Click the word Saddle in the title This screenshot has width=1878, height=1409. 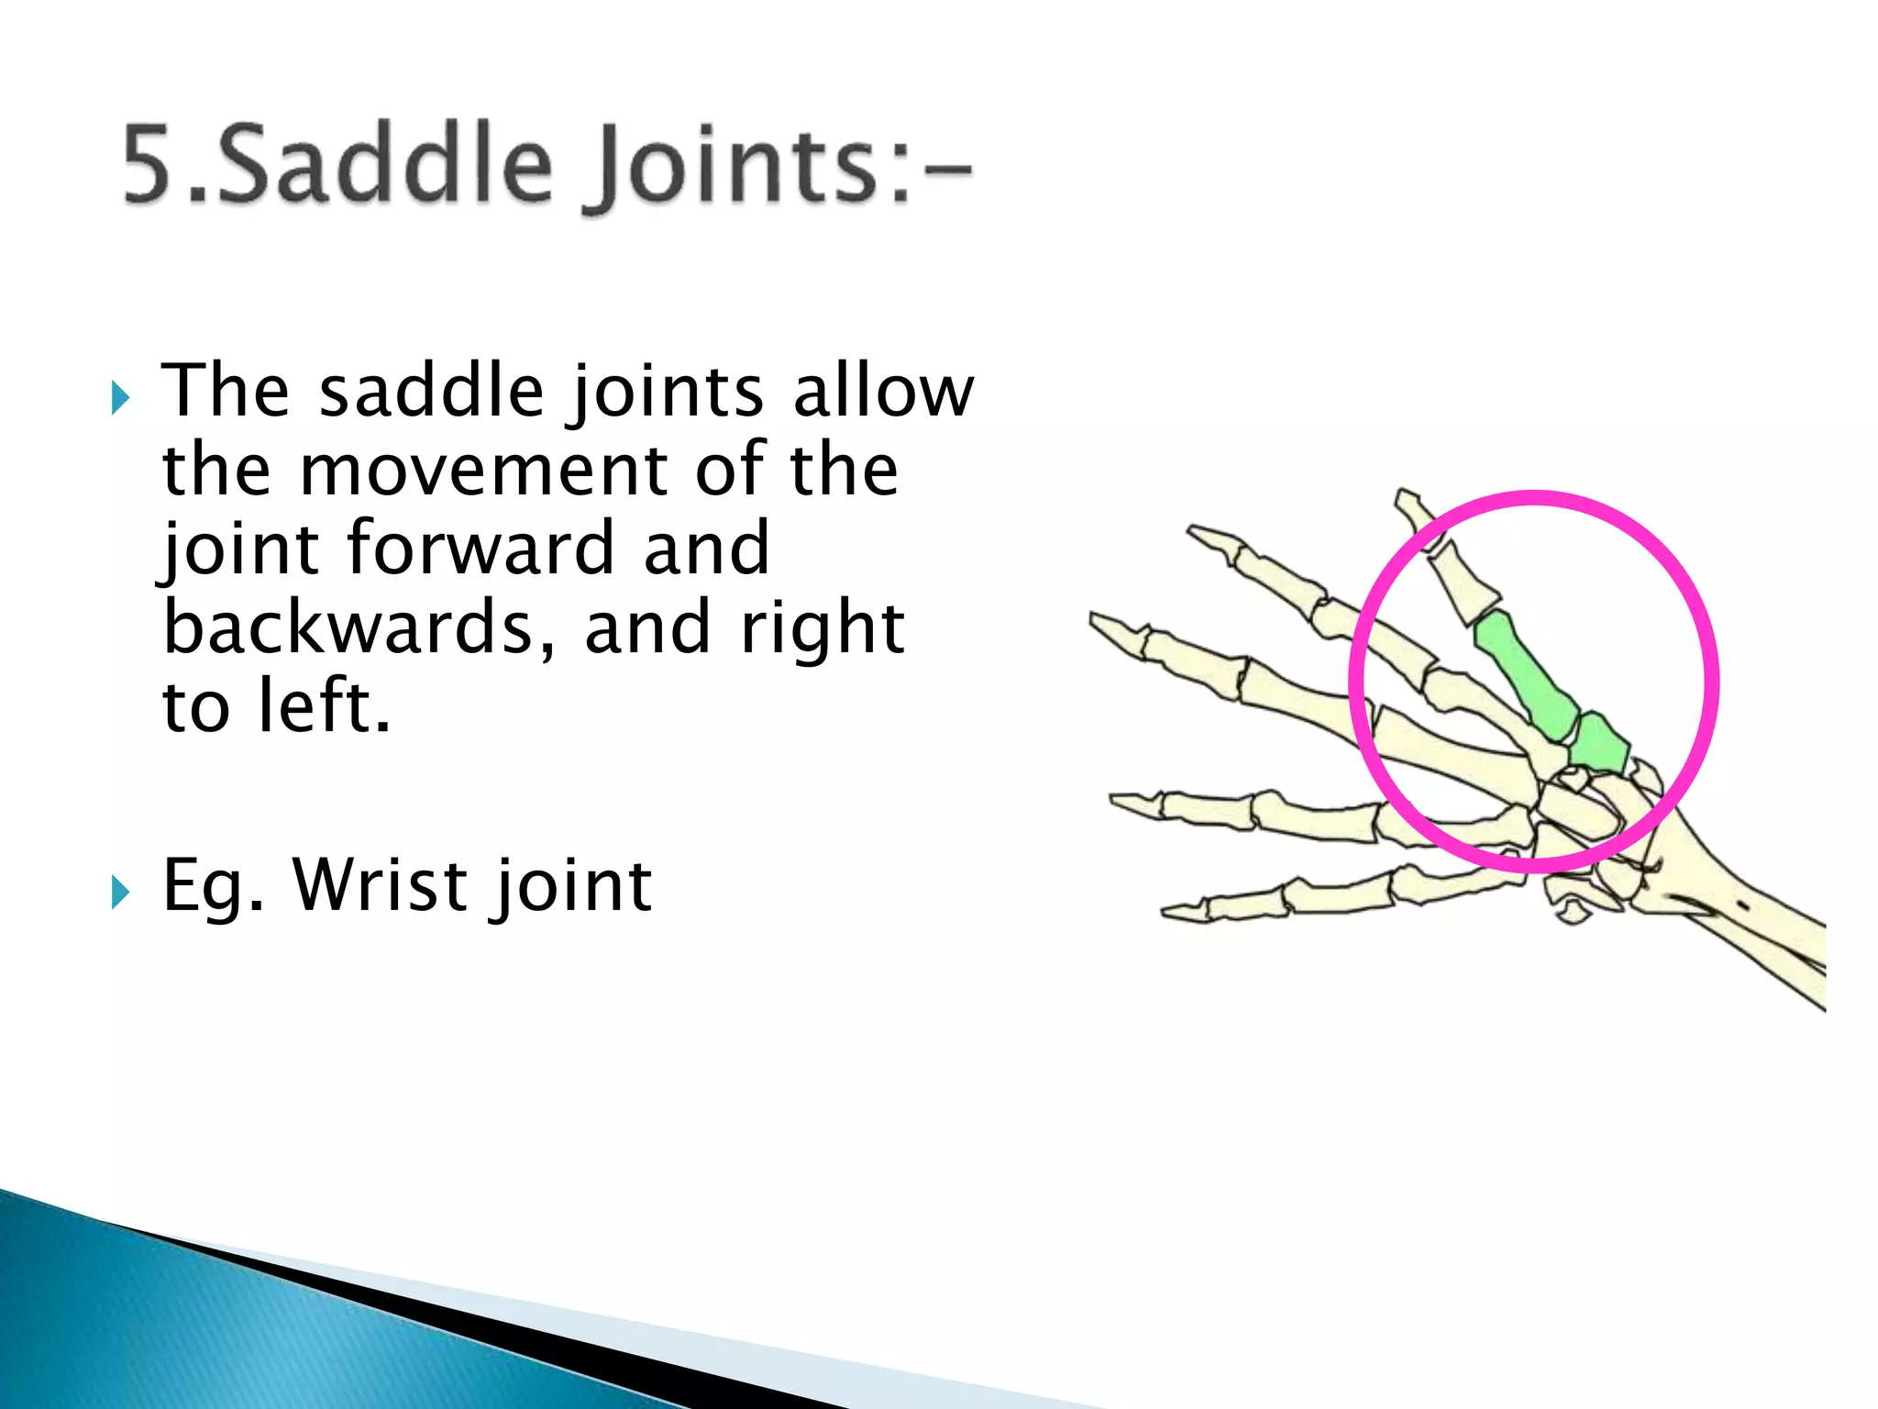tap(385, 165)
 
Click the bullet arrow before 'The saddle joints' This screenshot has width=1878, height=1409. tap(120, 399)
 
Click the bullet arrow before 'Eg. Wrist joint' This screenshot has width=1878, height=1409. tap(120, 892)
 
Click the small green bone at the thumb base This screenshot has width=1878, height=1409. tap(1600, 743)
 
